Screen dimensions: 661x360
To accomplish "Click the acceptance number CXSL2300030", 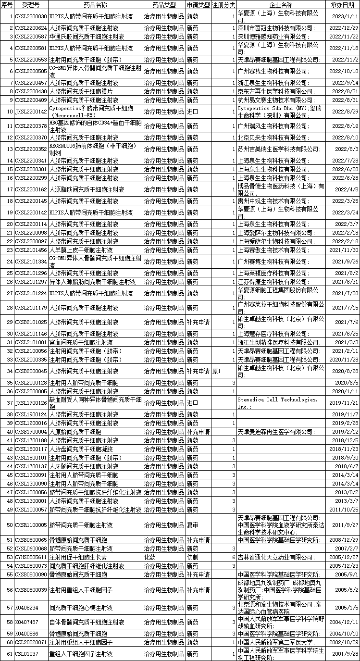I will [31, 16].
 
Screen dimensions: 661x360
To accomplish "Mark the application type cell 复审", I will [192, 525].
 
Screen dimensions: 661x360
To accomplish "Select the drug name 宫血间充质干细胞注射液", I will [81, 342].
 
